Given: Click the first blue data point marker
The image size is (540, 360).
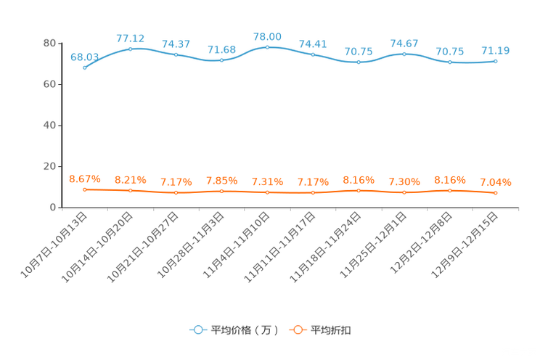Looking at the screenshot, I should [x=85, y=67].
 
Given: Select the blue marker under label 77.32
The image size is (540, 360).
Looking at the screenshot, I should [x=131, y=49].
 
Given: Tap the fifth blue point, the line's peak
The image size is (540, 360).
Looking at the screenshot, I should [x=267, y=47].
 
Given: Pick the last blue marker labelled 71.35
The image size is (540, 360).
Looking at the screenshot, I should [x=496, y=62].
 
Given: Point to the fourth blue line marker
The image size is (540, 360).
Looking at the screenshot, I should [x=221, y=60].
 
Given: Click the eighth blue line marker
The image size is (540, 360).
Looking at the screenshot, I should [x=404, y=54].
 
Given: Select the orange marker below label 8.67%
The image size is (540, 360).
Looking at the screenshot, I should [x=85, y=189].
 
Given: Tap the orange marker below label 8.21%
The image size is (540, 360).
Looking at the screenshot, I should [x=131, y=191].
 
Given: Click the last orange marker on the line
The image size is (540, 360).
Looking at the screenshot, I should [x=496, y=194].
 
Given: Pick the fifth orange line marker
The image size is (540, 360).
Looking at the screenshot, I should [x=267, y=192].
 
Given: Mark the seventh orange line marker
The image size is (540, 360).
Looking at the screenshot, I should [x=359, y=191].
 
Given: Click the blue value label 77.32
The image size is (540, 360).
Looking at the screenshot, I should [x=131, y=38].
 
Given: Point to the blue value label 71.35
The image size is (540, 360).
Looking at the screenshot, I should [x=496, y=50].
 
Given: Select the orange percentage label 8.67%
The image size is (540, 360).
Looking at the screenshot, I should [x=85, y=179].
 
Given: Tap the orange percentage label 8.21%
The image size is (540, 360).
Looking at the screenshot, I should [x=131, y=179].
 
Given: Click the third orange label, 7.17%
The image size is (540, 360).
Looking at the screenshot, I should [x=176, y=181].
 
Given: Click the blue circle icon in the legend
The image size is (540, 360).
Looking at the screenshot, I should [x=197, y=330].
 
